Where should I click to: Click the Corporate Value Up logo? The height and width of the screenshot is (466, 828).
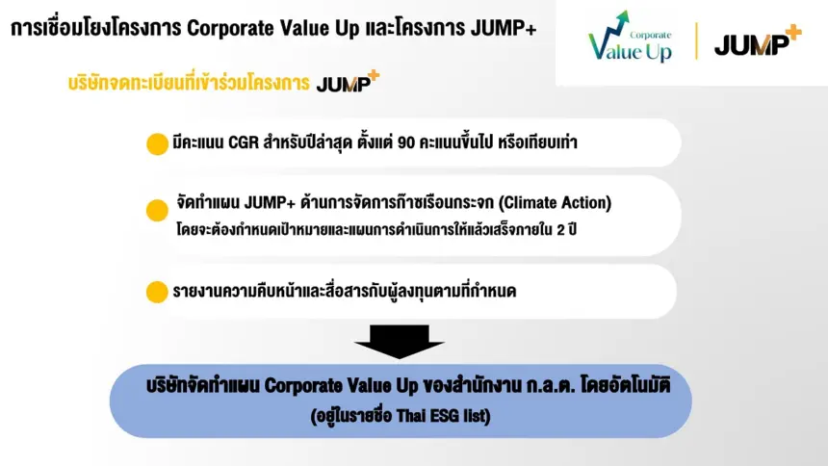[x=630, y=37]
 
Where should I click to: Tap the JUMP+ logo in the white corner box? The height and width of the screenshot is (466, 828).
[x=758, y=40]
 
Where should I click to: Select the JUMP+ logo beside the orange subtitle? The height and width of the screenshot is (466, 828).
[x=348, y=82]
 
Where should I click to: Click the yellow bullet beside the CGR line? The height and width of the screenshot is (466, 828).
[x=157, y=144]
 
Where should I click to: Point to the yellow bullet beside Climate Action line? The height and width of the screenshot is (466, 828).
[x=157, y=210]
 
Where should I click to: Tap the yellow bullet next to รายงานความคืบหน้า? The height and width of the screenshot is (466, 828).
[x=157, y=292]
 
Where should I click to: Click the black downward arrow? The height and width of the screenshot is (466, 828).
[x=400, y=342]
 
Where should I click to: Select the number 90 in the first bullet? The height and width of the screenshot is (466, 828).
[x=405, y=142]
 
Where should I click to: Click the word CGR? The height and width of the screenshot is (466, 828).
[x=244, y=142]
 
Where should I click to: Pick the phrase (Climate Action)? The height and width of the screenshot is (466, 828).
[x=555, y=202]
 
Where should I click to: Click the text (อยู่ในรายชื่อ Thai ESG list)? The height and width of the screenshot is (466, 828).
[x=401, y=416]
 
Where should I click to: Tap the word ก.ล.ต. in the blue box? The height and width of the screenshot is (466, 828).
[x=551, y=386]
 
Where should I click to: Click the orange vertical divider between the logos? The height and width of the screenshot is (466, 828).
[x=696, y=40]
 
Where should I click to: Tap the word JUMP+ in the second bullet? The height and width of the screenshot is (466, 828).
[x=270, y=202]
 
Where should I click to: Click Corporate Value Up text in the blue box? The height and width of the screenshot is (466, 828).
[x=341, y=386]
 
